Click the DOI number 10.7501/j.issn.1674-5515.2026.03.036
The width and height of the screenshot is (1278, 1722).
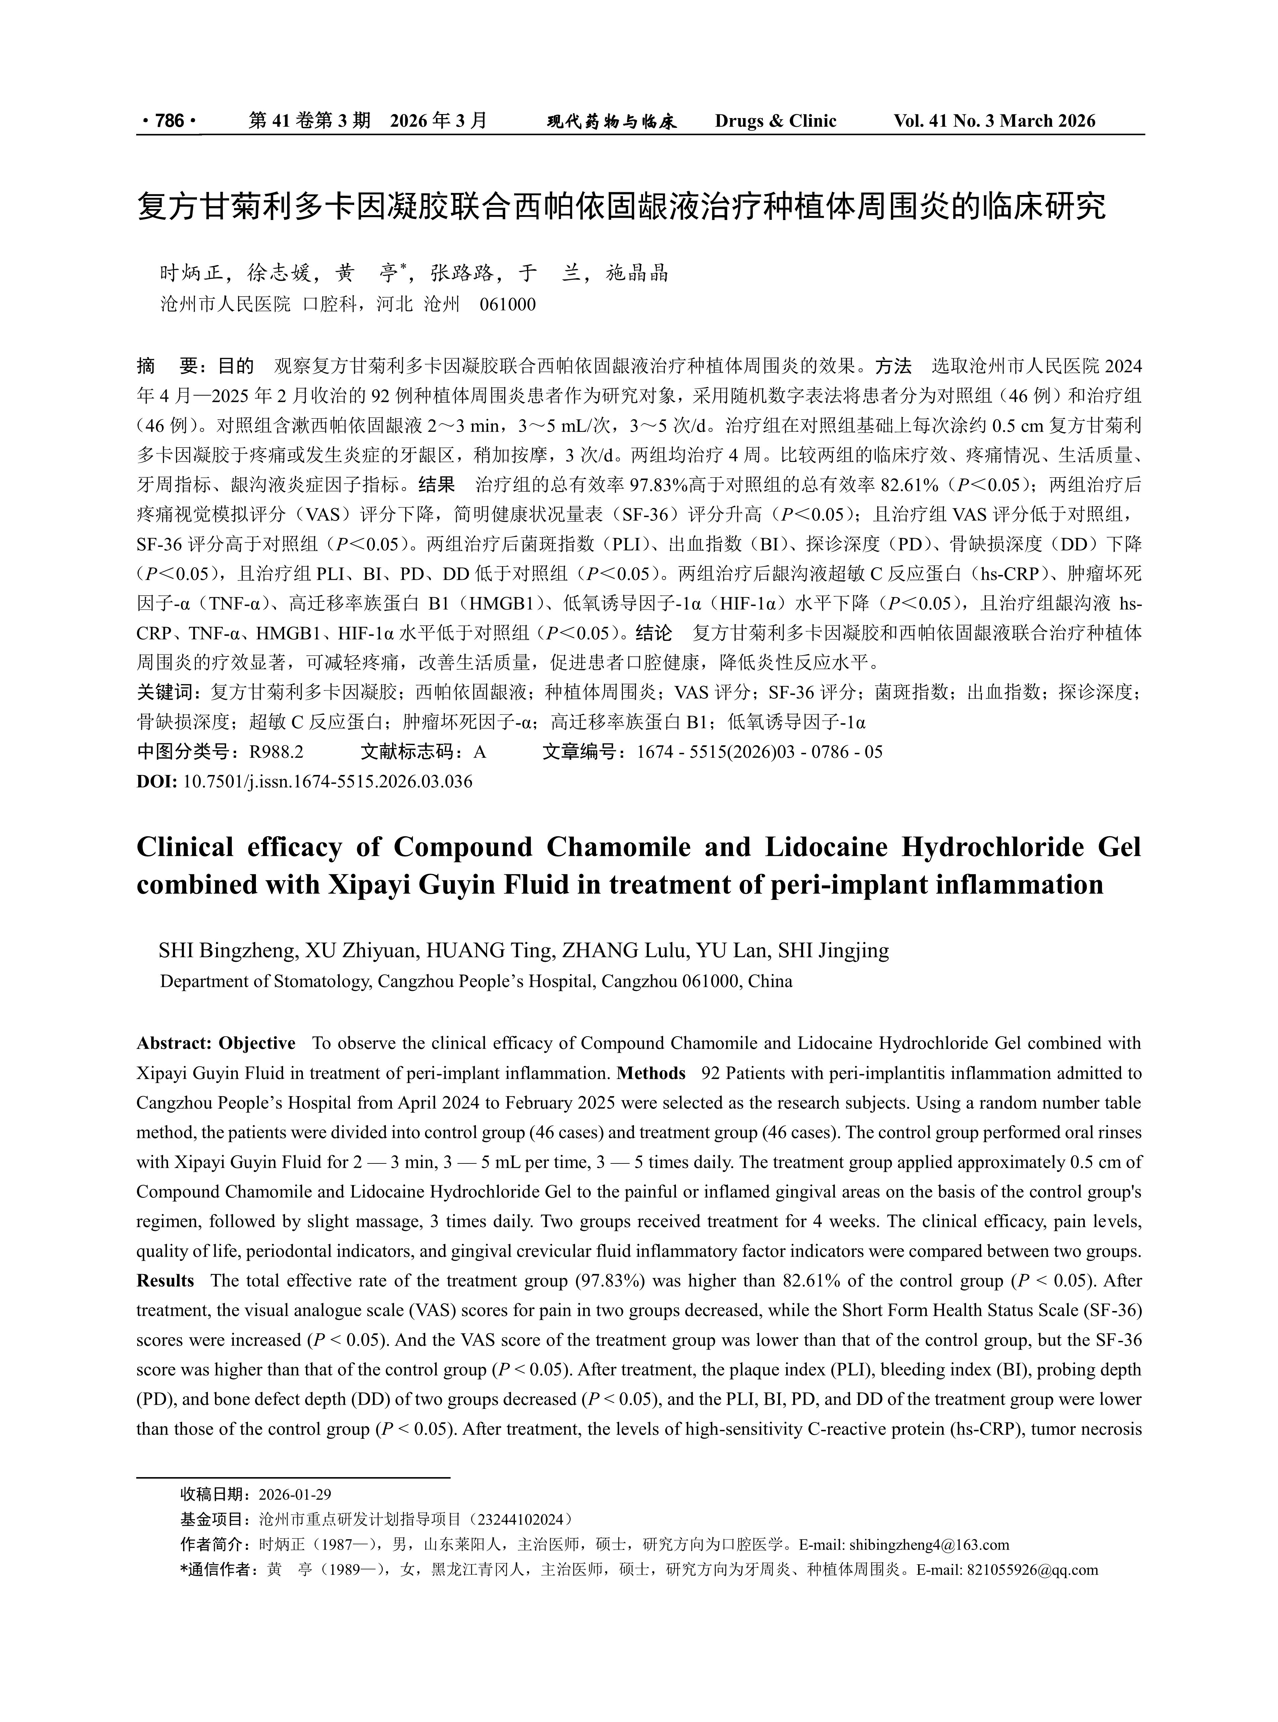click(x=327, y=781)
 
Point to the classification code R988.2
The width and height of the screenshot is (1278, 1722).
click(x=276, y=752)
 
